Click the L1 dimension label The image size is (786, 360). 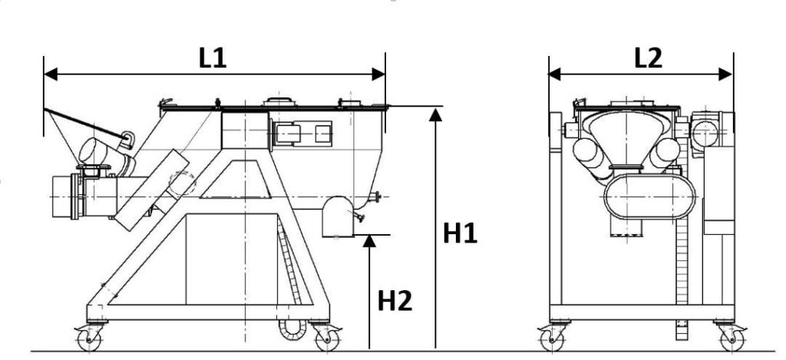(x=213, y=58)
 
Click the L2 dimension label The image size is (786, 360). (x=648, y=58)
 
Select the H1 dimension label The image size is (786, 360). (x=460, y=233)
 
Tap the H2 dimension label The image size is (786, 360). (x=395, y=300)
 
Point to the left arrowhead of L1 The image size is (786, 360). (x=51, y=74)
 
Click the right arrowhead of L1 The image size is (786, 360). (x=378, y=74)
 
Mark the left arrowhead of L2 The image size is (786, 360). (x=555, y=74)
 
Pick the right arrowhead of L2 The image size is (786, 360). (x=725, y=74)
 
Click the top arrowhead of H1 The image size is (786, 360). (x=436, y=115)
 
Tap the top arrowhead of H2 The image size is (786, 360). (x=369, y=241)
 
